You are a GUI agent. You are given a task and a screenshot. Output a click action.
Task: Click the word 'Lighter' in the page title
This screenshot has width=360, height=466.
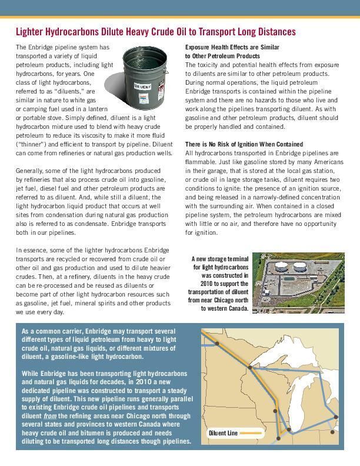coord(31,32)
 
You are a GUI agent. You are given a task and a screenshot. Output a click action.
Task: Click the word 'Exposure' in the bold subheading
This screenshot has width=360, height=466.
coord(198,47)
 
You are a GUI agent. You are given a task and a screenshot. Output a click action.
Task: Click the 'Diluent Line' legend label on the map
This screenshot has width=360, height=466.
coord(223,433)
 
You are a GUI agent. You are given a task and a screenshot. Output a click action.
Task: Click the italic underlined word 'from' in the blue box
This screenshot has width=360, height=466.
coord(49,416)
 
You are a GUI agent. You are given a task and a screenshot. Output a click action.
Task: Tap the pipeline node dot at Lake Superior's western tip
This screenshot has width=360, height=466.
coord(251,367)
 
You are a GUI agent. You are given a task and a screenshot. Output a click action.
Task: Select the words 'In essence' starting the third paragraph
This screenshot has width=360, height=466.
coord(29,250)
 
